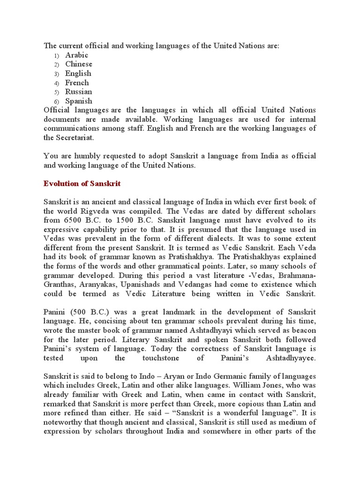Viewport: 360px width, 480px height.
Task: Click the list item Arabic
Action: pyautogui.click(x=76, y=55)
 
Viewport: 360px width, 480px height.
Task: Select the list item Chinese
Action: pyautogui.click(x=79, y=64)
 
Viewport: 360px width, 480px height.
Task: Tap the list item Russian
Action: pyautogui.click(x=78, y=92)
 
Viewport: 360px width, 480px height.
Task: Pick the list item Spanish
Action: pyautogui.click(x=78, y=101)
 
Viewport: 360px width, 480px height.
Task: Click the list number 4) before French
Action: pyautogui.click(x=56, y=83)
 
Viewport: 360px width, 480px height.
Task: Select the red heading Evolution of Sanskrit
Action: pyautogui.click(x=82, y=184)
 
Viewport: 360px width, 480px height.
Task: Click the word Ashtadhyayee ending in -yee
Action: pyautogui.click(x=294, y=358)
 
